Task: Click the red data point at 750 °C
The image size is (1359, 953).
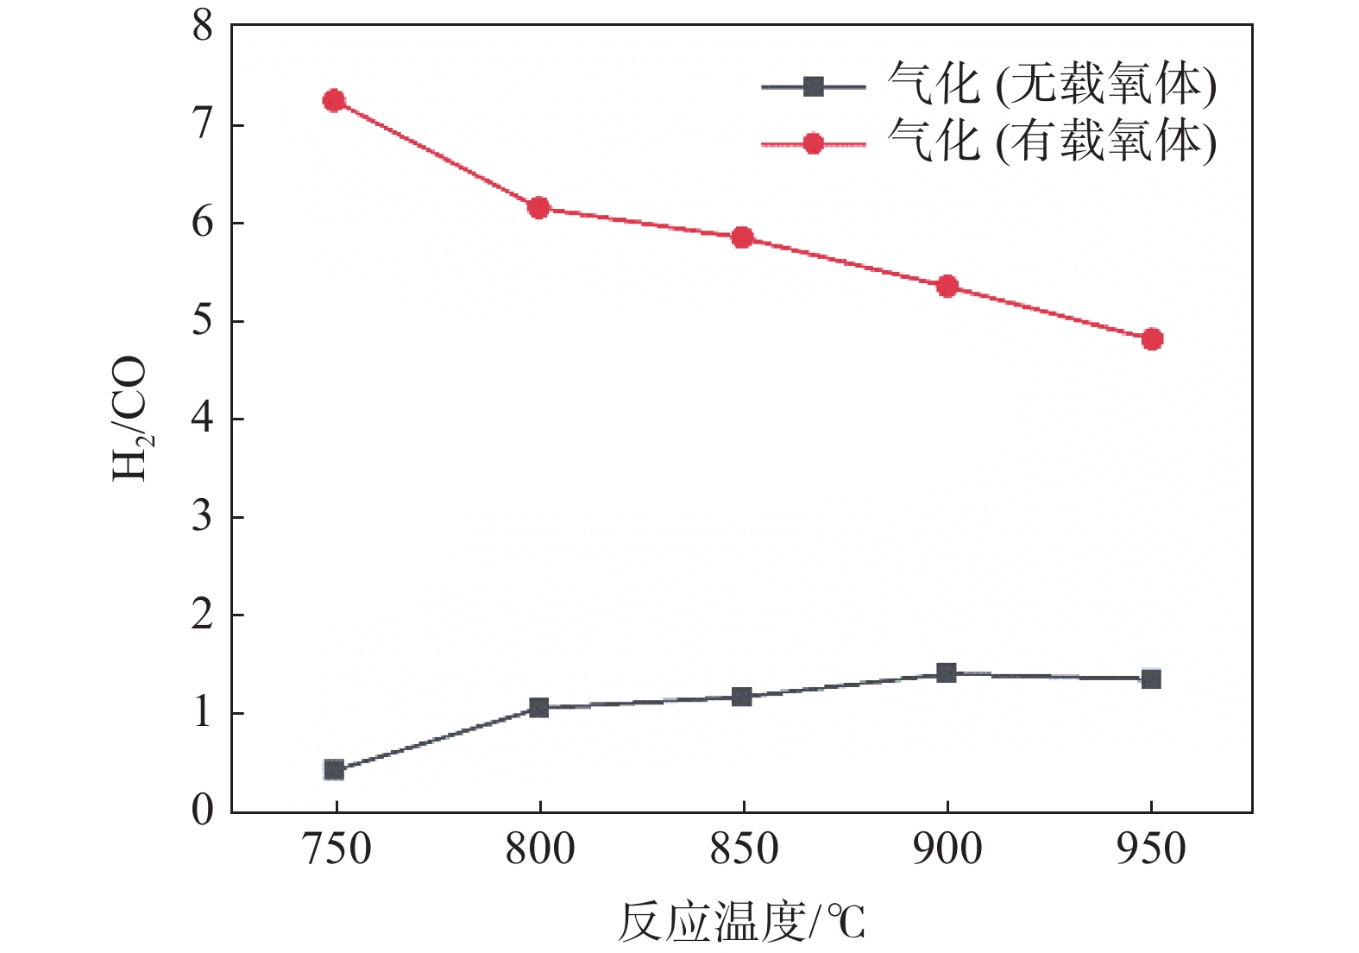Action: coord(334,101)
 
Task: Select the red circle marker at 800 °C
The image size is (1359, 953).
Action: coord(539,207)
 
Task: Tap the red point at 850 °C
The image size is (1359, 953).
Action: coord(743,237)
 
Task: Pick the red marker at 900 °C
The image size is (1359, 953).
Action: coord(947,286)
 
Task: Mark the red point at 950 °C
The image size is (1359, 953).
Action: coord(1152,339)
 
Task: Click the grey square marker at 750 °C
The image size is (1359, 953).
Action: coord(334,770)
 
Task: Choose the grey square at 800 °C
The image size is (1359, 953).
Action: coord(539,708)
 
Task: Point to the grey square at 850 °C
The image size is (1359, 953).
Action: coord(742,697)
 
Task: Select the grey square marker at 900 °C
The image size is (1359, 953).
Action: coord(947,672)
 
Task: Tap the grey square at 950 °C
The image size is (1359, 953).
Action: coord(1151,678)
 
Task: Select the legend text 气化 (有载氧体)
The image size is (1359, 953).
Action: coord(1052,141)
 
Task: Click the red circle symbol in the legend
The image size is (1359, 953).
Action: coord(813,143)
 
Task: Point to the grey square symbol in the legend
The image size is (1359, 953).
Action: coord(813,86)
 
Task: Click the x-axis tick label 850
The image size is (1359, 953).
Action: coord(744,849)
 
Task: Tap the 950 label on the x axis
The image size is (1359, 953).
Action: coord(1151,849)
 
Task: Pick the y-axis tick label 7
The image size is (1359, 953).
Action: coord(203,126)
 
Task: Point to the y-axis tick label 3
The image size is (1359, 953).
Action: coord(203,517)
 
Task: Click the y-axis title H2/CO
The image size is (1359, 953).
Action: coord(129,419)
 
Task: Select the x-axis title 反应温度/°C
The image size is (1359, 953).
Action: coord(741,922)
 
